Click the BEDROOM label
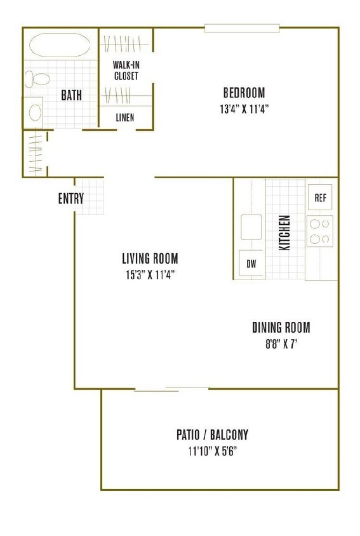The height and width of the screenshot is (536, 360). (244, 92)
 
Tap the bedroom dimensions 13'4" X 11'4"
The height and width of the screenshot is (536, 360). (244, 109)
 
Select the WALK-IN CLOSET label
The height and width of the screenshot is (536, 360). (126, 70)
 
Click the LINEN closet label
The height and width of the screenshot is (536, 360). (125, 117)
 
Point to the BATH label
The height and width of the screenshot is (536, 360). (71, 95)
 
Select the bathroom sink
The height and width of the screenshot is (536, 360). (34, 112)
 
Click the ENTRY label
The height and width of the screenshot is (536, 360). (70, 198)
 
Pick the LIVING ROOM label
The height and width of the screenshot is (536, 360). (150, 258)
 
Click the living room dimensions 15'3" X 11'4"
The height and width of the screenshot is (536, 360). (150, 274)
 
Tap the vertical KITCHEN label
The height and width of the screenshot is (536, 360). (285, 232)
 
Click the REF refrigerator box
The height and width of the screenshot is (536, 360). (320, 198)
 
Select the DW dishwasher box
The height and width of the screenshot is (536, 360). (251, 264)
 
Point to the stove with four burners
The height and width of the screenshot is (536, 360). (320, 231)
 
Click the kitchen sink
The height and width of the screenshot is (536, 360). (251, 227)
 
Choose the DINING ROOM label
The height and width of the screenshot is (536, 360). (281, 328)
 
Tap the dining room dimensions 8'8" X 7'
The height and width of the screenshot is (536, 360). (281, 344)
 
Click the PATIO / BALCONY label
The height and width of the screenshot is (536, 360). (212, 435)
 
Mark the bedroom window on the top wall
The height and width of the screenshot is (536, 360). (242, 28)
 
